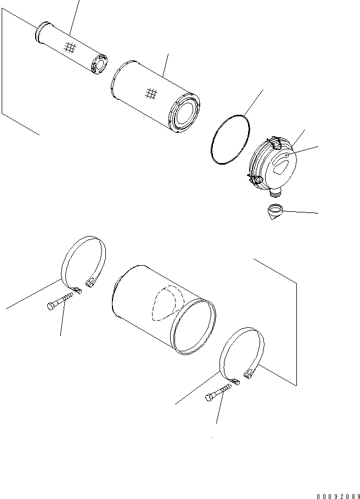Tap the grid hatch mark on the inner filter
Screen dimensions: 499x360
coord(69,48)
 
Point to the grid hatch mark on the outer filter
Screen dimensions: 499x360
coord(152,94)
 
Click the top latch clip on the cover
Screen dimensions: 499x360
coord(277,142)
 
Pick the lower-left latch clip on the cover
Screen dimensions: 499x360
coord(256,180)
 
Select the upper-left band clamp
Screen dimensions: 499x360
coord(82,263)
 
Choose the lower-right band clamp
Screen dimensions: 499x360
coord(241,354)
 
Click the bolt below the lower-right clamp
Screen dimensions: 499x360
coord(220,394)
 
